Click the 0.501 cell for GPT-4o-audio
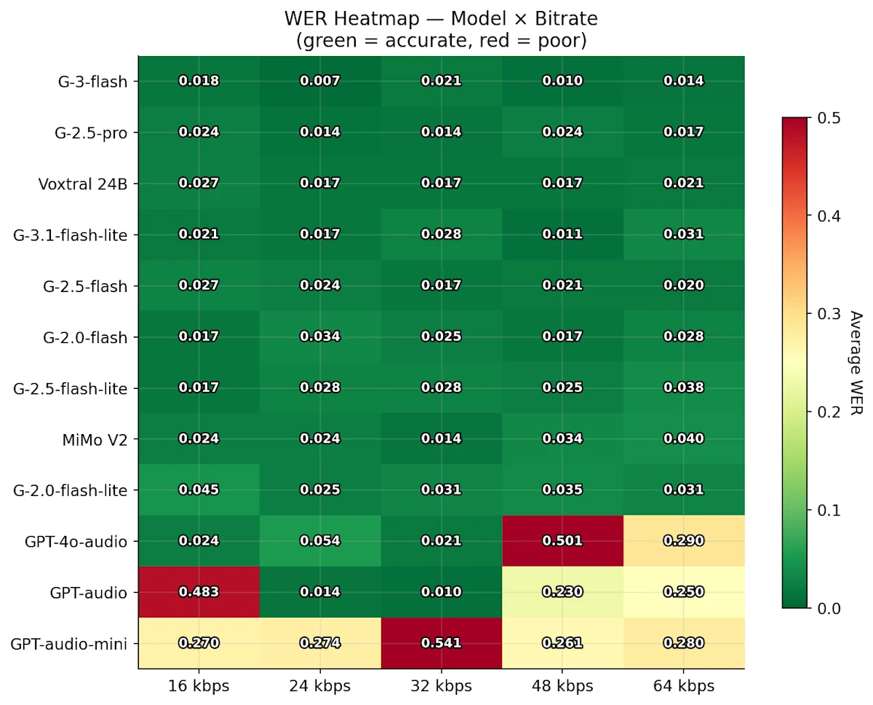coord(562,540)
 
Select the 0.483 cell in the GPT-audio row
coord(199,591)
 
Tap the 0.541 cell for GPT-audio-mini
coord(441,642)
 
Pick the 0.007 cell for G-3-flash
coord(320,80)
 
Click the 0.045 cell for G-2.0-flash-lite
coord(199,489)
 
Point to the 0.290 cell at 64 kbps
coord(684,540)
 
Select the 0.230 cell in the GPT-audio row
coord(562,591)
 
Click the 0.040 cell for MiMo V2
coord(684,438)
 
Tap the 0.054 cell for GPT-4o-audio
coord(320,540)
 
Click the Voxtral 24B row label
coord(83,184)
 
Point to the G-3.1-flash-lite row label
coord(71,235)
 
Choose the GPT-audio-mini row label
coord(69,644)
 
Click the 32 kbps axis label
coord(441,686)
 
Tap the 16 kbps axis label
coord(199,686)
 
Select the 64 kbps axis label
coord(684,686)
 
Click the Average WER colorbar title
coord(856,363)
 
